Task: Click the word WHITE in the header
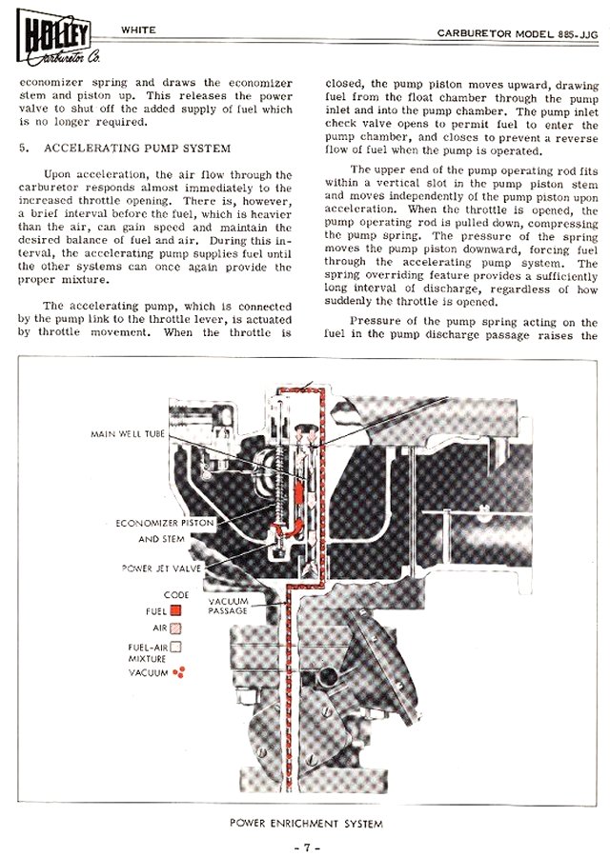(139, 30)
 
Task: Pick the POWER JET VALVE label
(159, 568)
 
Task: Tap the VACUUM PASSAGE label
(228, 606)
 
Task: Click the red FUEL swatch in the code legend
(175, 610)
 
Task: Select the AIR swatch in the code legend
(175, 628)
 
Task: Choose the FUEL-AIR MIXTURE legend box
(175, 647)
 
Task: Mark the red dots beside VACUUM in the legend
(177, 672)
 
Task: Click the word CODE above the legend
(176, 594)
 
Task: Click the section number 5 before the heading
(23, 149)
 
